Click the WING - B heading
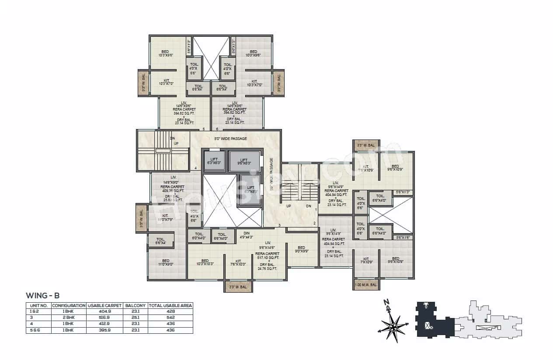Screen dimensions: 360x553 [42, 296]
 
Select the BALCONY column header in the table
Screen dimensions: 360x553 [136, 305]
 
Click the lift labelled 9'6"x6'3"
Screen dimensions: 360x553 [244, 161]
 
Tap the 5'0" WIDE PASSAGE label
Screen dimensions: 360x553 [230, 139]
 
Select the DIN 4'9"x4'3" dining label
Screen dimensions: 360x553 [247, 235]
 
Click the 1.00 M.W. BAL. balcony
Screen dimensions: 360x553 [366, 285]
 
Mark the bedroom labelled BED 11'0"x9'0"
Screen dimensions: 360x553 [165, 262]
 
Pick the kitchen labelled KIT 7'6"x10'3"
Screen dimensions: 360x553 [239, 262]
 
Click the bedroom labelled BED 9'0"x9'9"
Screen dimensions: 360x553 [302, 249]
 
